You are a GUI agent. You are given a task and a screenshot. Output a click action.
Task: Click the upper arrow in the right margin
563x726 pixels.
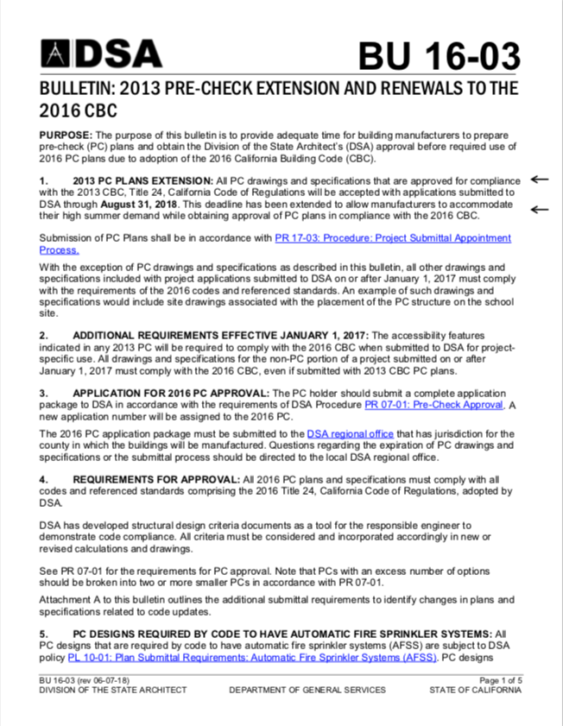tap(540, 180)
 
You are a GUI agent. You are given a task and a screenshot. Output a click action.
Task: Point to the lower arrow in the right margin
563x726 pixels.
tap(540, 209)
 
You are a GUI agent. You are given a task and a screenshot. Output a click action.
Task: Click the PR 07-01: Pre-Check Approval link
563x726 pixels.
tap(433, 404)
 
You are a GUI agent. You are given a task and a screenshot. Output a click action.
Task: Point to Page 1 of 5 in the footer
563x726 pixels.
tap(500, 681)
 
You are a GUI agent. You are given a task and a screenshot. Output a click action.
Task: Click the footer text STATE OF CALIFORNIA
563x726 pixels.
tap(476, 691)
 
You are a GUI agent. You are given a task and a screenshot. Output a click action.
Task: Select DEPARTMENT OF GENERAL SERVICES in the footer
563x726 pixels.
tap(307, 691)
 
